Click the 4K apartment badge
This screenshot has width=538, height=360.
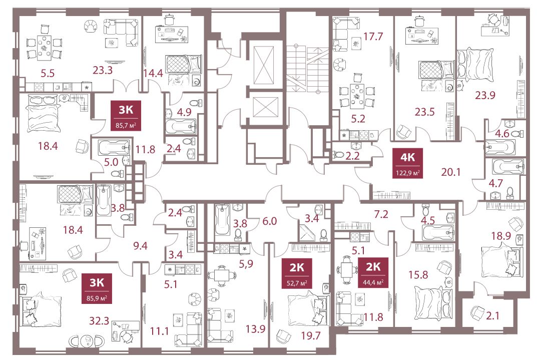[407, 163]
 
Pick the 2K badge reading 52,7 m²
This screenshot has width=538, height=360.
[297, 274]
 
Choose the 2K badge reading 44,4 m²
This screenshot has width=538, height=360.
[373, 272]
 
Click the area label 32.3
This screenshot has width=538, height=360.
[99, 321]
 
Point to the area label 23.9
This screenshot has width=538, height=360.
[485, 95]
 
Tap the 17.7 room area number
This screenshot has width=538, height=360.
[373, 37]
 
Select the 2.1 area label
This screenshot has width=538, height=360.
[493, 315]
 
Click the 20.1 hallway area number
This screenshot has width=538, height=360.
[450, 172]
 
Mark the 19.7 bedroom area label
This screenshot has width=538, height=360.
[311, 335]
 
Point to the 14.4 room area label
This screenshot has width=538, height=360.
[153, 73]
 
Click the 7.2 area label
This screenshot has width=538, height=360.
[381, 214]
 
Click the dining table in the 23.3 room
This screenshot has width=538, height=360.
[44, 45]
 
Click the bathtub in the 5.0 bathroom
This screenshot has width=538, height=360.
[114, 148]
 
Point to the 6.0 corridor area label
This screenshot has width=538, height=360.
[269, 221]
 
